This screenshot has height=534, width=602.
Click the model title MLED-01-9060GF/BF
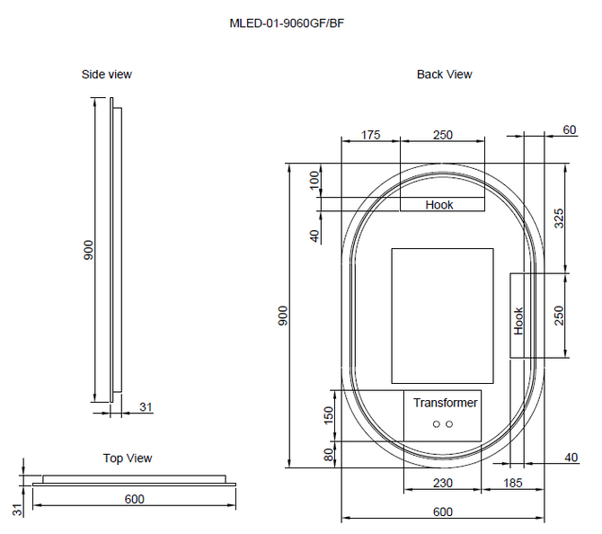pos(287,23)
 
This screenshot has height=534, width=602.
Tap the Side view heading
pos(107,74)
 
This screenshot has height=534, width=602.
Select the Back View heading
pos(445,74)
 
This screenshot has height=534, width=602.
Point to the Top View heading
pos(128,458)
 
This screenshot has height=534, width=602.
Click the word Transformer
pos(446,403)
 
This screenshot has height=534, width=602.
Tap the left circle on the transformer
pos(436,424)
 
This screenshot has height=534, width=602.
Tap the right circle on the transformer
pos(449,424)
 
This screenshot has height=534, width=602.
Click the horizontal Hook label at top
pos(439,205)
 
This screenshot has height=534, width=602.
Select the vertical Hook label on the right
pos(518,321)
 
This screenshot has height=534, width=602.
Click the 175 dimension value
pos(370,135)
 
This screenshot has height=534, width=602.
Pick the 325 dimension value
pos(559,218)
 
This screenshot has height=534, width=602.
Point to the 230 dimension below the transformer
pos(443,483)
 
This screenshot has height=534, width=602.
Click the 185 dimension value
pos(513,483)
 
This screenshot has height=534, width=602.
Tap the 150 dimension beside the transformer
pos(329,415)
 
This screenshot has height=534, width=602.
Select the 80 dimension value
pos(329,455)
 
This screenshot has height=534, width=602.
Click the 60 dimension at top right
pos(570,129)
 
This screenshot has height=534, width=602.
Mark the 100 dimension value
pos(314,181)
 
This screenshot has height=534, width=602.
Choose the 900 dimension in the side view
pos(88,250)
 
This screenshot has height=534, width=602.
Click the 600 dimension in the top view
pos(135,499)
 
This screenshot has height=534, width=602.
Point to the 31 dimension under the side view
pos(146,407)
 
